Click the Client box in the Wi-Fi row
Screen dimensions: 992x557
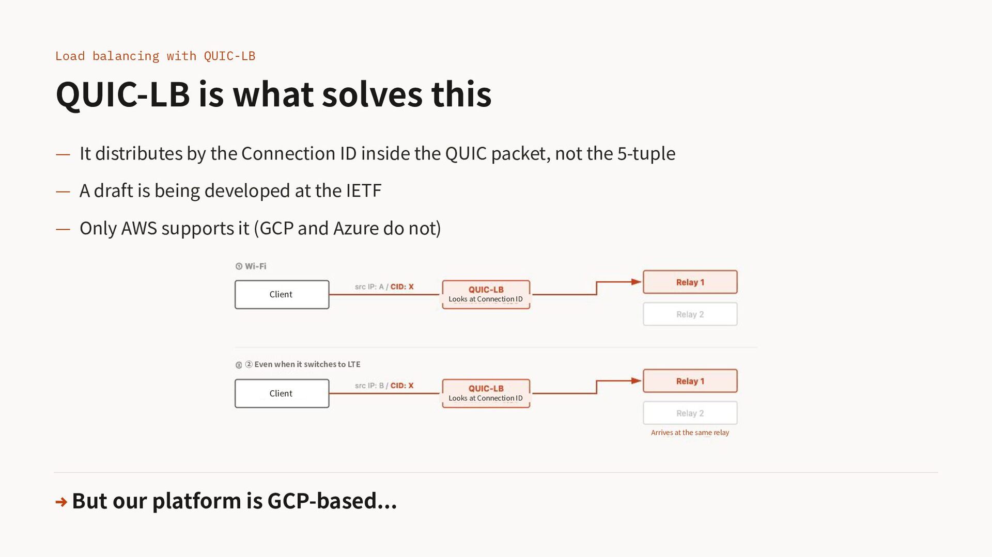pos(282,294)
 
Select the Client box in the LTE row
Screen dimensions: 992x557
pos(282,393)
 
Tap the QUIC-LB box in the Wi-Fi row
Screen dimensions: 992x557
pos(486,294)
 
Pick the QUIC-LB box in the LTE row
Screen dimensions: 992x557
pos(486,393)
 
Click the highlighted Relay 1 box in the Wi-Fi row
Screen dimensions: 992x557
pos(690,282)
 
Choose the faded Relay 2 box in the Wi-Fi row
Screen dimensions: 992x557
pos(690,314)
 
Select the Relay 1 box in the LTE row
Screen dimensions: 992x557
pos(690,381)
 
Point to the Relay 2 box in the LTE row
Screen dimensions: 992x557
pos(690,413)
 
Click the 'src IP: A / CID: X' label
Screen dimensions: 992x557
pos(384,287)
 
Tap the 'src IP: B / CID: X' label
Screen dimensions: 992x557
pos(384,386)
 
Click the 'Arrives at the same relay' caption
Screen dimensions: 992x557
pos(690,433)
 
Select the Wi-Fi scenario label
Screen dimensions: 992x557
pos(251,266)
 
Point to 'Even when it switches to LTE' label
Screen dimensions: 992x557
pos(307,364)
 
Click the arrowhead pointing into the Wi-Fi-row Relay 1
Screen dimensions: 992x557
pos(637,282)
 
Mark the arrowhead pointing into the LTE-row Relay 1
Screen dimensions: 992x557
pos(637,381)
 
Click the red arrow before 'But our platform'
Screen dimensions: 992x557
pos(61,502)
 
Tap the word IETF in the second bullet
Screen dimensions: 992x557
pos(364,190)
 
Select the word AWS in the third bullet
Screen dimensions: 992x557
pos(139,228)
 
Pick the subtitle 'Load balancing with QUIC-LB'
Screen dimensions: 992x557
pos(155,56)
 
